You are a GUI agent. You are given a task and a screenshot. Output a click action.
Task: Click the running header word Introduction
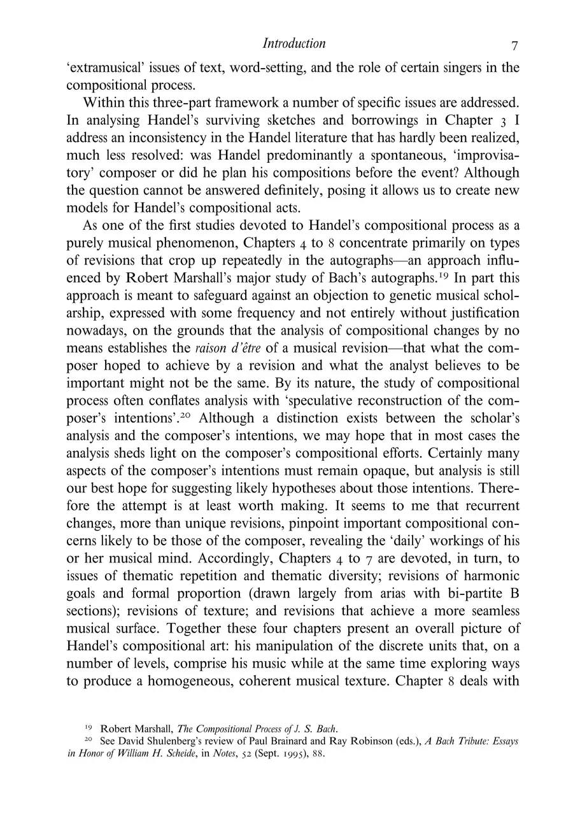(x=294, y=44)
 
